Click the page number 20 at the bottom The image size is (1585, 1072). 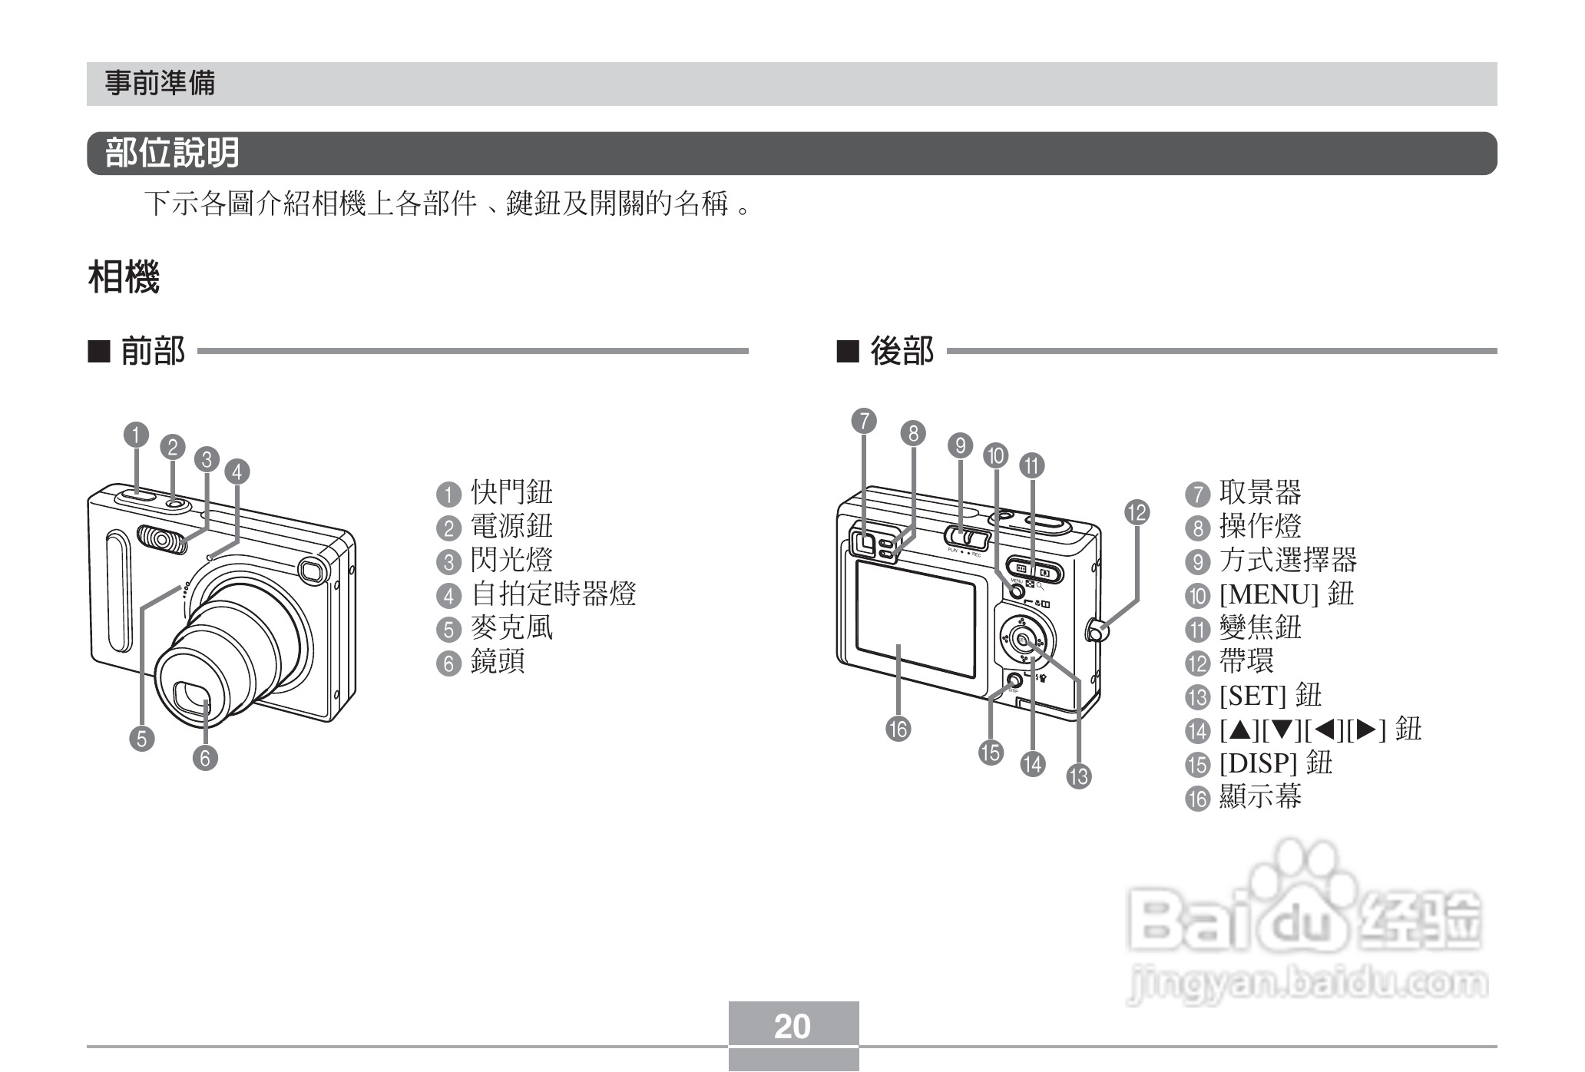pos(792,1026)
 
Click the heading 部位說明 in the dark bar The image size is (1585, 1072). pos(172,153)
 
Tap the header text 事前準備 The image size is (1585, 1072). pos(160,83)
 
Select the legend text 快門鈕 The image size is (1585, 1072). pos(511,492)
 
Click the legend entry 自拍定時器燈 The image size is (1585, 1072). pos(553,594)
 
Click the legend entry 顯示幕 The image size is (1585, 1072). pos(1260,796)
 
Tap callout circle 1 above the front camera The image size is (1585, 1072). pos(136,435)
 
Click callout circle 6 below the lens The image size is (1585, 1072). pos(205,759)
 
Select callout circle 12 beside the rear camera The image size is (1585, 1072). pos(1137,512)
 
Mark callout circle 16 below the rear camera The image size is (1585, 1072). pos(898,728)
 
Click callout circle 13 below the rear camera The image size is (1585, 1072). pos(1079,776)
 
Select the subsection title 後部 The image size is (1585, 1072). pos(902,351)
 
